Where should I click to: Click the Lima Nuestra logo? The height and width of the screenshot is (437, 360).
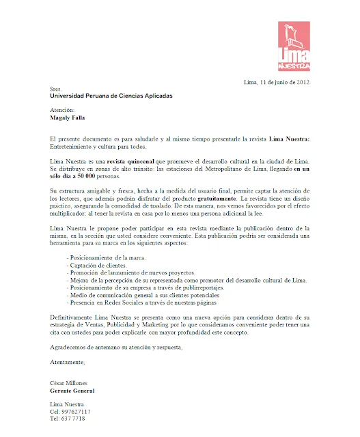point(294,46)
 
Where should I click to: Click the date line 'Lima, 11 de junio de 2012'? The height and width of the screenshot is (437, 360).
point(277,83)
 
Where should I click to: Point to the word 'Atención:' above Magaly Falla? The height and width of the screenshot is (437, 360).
point(62,109)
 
